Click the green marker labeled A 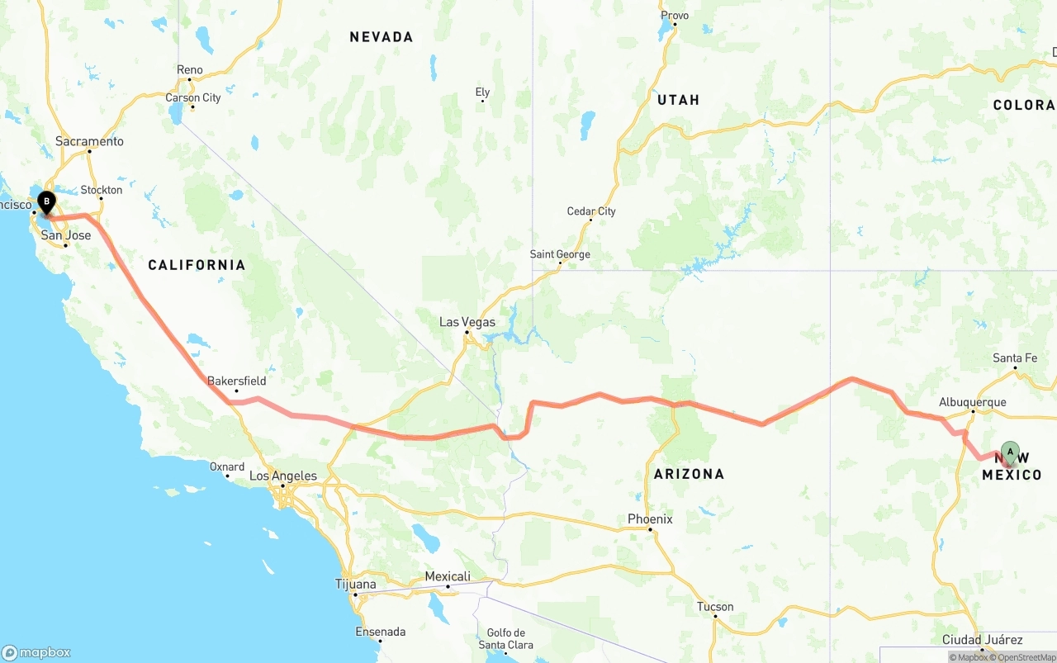pyautogui.click(x=1009, y=452)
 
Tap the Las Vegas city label pyautogui.click(x=467, y=322)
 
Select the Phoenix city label pyautogui.click(x=650, y=519)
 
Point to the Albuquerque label pyautogui.click(x=972, y=403)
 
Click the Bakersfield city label pyautogui.click(x=236, y=381)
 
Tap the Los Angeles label pyautogui.click(x=283, y=476)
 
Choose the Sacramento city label pyautogui.click(x=89, y=142)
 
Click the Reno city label pyautogui.click(x=189, y=70)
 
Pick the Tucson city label pyautogui.click(x=715, y=607)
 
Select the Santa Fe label pyautogui.click(x=1015, y=358)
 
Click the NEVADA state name pyautogui.click(x=381, y=37)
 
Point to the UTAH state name pyautogui.click(x=678, y=100)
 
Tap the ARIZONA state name pyautogui.click(x=689, y=474)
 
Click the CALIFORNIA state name pyautogui.click(x=197, y=265)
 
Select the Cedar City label pyautogui.click(x=591, y=211)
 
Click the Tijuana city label pyautogui.click(x=356, y=585)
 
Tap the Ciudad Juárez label pyautogui.click(x=983, y=640)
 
